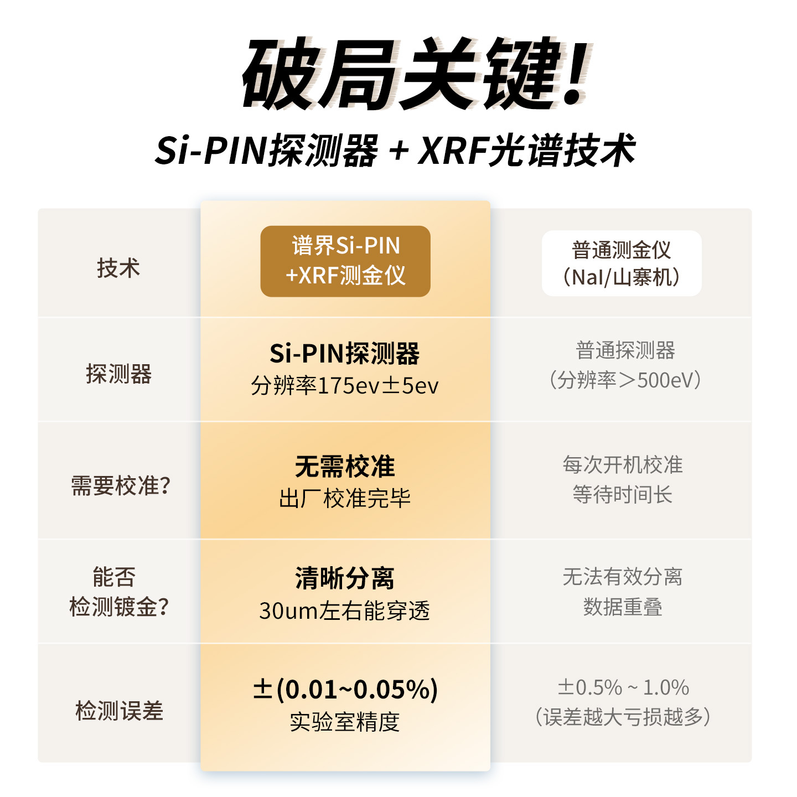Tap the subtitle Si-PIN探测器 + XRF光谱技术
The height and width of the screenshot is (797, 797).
click(395, 150)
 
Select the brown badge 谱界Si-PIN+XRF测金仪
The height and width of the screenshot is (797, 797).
click(345, 261)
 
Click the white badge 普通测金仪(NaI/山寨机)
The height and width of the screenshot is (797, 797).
click(622, 263)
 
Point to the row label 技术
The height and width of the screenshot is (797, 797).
click(118, 268)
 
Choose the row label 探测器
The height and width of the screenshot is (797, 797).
click(118, 374)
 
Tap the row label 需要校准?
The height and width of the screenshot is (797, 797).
click(121, 486)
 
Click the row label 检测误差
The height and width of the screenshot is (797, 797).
click(119, 711)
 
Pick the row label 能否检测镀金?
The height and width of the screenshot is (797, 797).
click(118, 592)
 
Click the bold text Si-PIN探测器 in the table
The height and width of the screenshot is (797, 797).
click(344, 354)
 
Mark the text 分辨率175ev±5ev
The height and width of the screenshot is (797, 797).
click(344, 386)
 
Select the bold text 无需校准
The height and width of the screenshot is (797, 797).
click(345, 467)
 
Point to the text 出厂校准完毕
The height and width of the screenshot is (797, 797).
click(345, 499)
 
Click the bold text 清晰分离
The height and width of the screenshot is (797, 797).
click(345, 578)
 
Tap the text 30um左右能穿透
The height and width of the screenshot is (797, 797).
click(344, 611)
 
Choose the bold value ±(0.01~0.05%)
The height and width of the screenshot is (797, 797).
click(345, 690)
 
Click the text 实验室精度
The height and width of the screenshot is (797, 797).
click(345, 722)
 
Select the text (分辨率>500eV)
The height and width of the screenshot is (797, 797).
click(624, 380)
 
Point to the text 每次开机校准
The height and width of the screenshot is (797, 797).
click(623, 465)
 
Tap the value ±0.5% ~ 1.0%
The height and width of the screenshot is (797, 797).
click(623, 688)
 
